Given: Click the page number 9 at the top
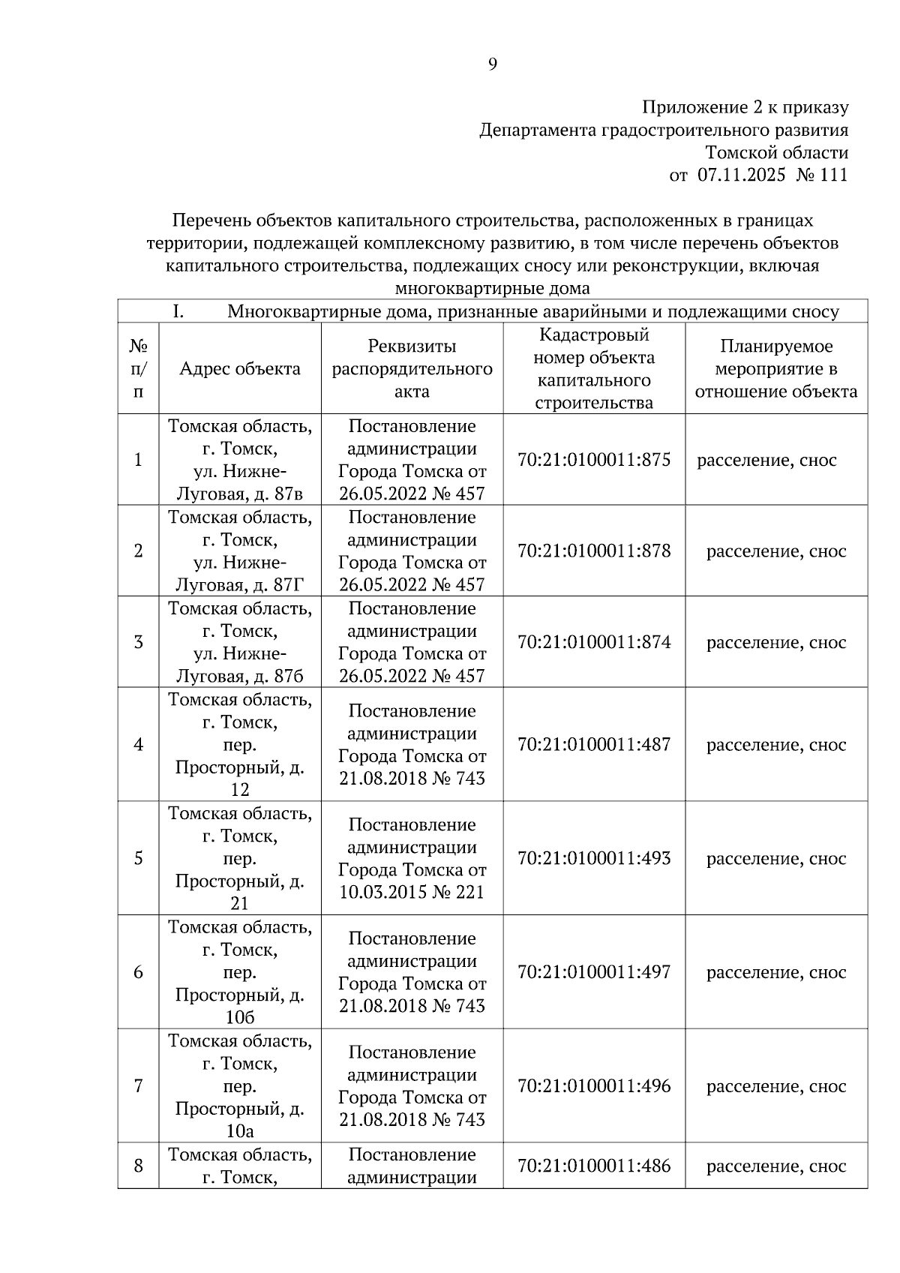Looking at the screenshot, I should click(492, 65).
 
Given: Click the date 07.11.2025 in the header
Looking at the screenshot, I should click(741, 176).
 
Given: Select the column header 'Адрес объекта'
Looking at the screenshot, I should click(240, 368).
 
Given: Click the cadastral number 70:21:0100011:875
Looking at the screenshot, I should click(594, 460).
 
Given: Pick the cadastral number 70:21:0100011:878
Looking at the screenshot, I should click(594, 551).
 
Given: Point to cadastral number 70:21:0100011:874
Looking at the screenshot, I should click(594, 642).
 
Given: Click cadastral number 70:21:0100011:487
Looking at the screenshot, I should click(594, 745).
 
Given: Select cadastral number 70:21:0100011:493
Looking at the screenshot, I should click(594, 858).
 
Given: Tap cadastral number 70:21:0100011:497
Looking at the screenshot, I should click(594, 972).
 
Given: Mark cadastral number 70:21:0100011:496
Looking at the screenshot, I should click(594, 1086).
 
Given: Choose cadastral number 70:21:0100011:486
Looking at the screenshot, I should click(594, 1166).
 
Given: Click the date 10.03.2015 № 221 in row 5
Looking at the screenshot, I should click(412, 893).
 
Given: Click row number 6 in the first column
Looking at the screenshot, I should click(138, 972).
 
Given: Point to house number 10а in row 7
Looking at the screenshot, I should click(240, 1131).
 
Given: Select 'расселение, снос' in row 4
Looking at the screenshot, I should click(776, 745).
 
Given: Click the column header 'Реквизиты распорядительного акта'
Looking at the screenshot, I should click(412, 368).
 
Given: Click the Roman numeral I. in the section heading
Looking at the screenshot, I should click(178, 311).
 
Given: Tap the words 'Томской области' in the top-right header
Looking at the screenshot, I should click(776, 153).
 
